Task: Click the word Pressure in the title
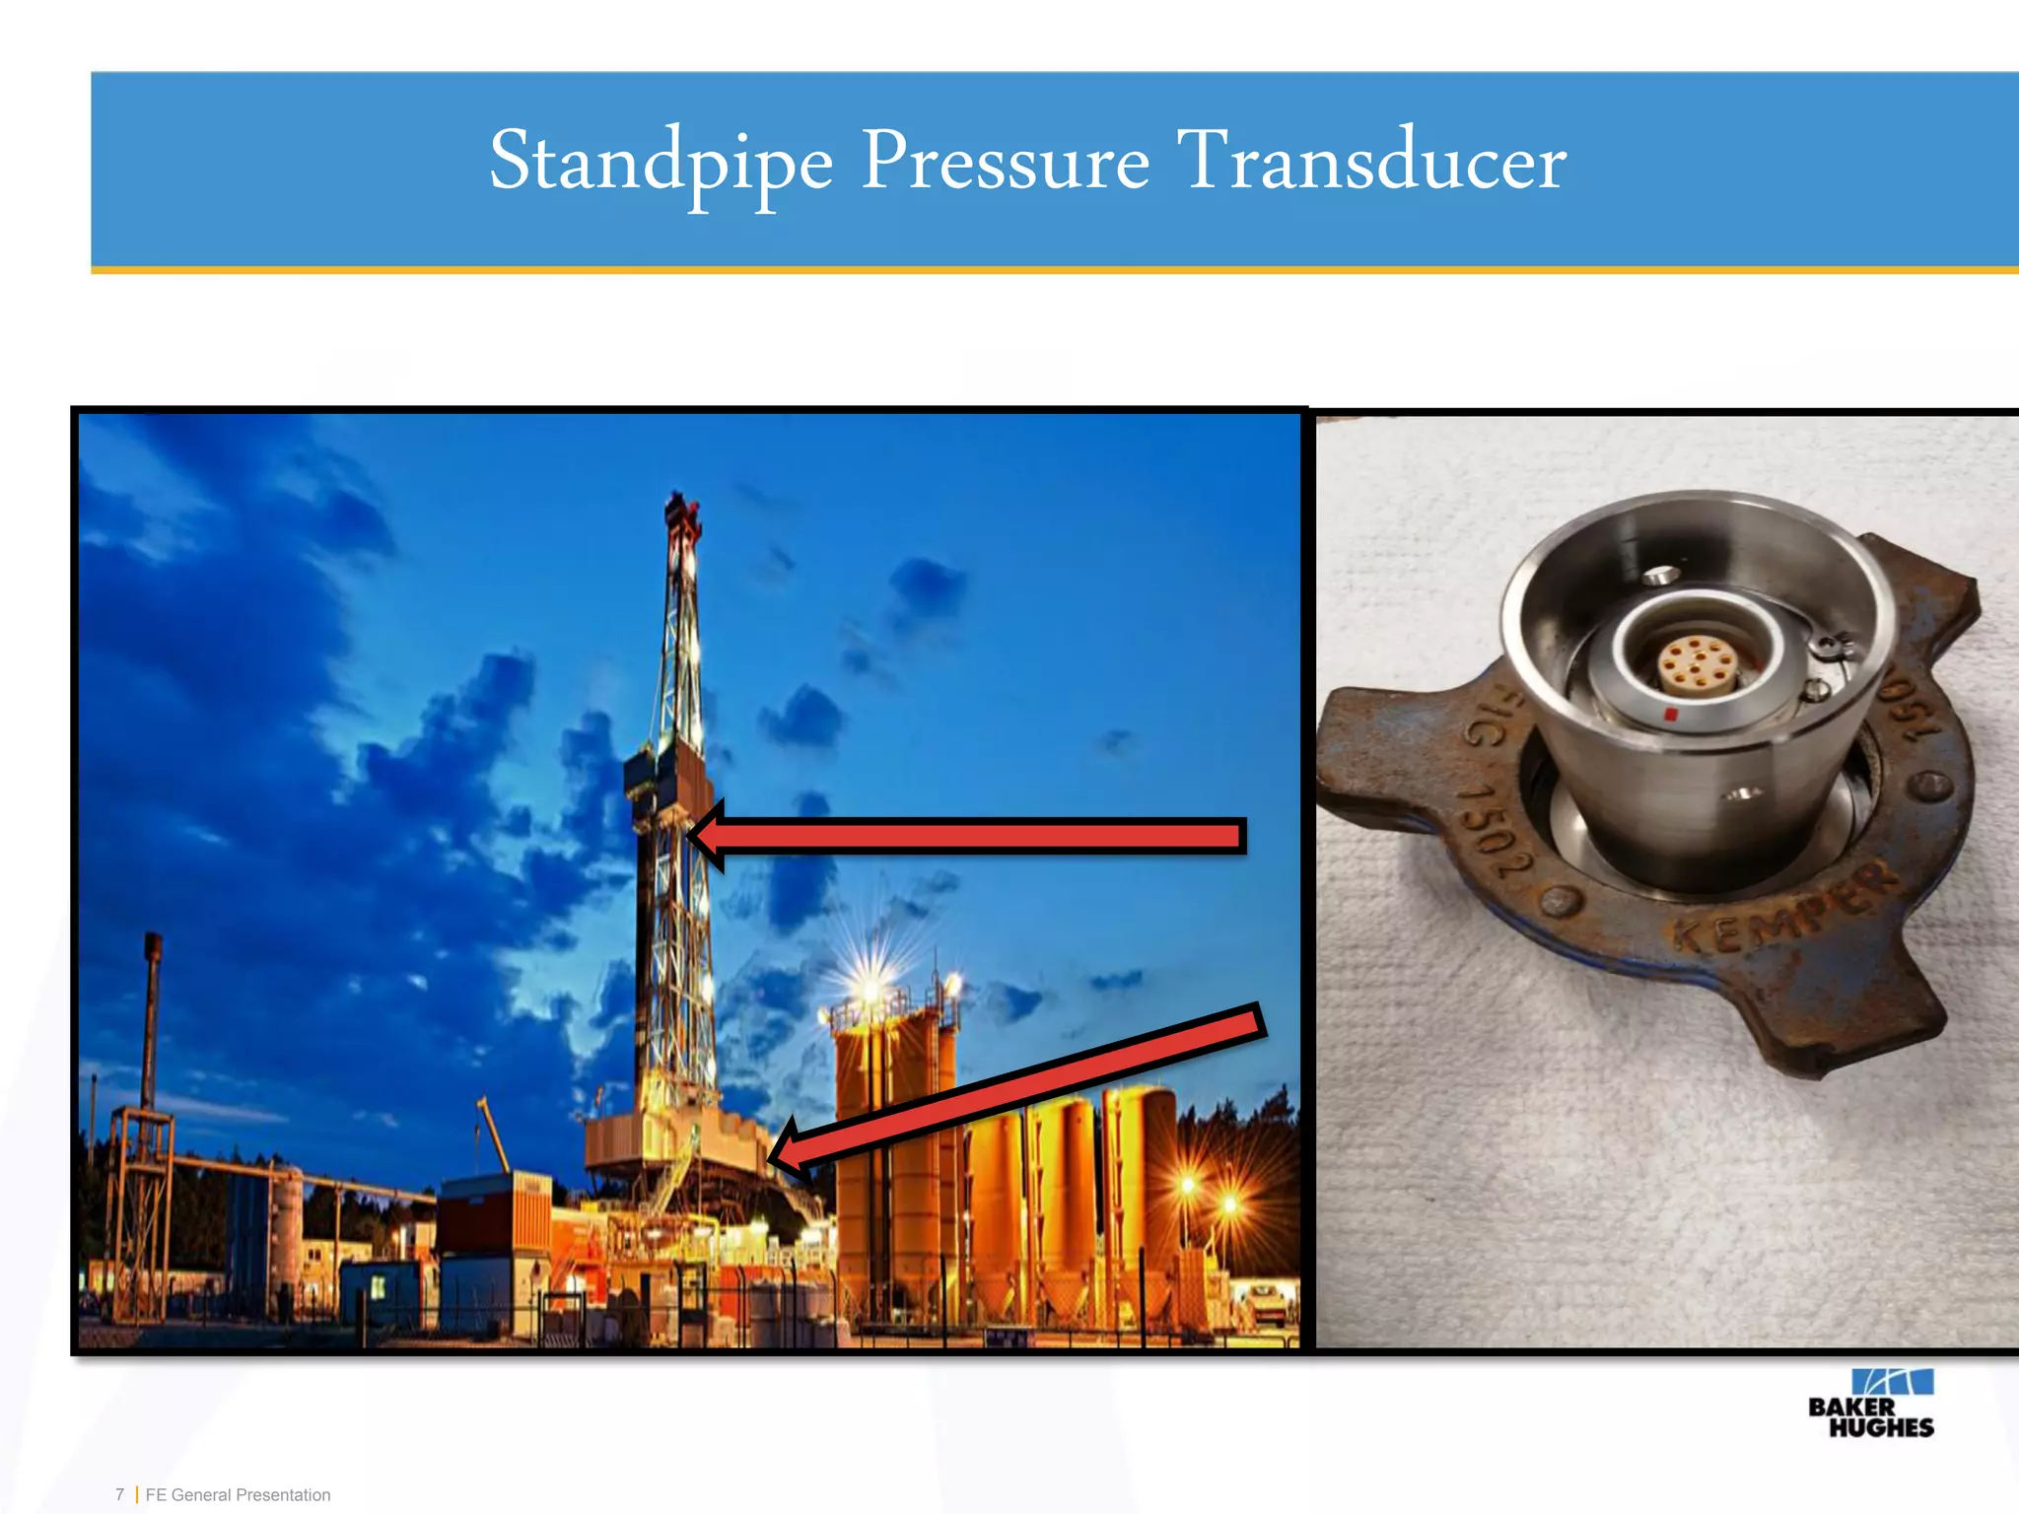pos(1005,163)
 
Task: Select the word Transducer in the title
pos(1371,163)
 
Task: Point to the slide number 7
pos(119,1494)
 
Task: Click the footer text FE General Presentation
pos(238,1494)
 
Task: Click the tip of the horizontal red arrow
pos(691,837)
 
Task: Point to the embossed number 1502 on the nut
pos(1497,828)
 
